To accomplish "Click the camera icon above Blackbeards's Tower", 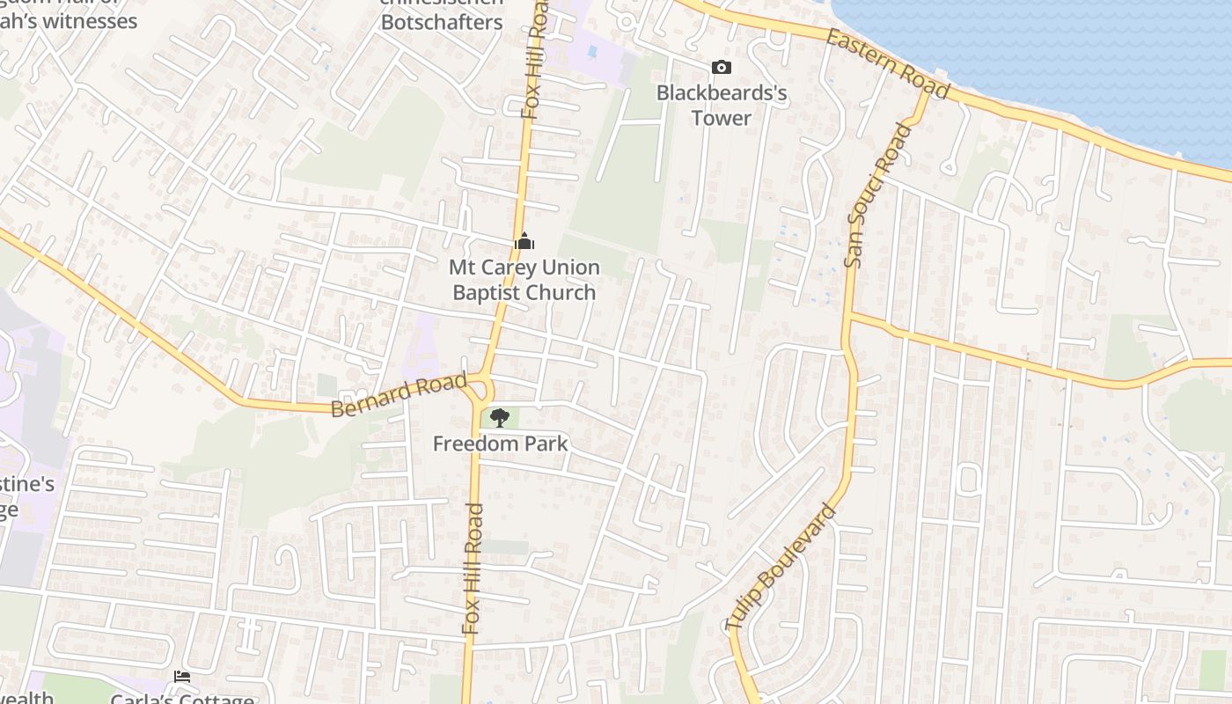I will click(x=721, y=67).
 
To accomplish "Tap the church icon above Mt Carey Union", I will click(x=524, y=240).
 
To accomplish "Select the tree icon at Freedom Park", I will click(x=500, y=417).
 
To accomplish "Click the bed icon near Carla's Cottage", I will click(x=182, y=676).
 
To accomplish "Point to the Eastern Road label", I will click(x=888, y=63).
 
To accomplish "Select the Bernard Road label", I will click(x=399, y=396).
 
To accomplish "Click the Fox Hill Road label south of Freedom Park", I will click(x=473, y=568).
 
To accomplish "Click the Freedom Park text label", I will click(x=500, y=444).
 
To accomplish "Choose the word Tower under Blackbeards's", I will click(x=721, y=118).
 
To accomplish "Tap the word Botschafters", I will click(x=442, y=22).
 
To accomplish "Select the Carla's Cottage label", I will click(x=182, y=699).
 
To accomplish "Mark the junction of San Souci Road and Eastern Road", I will click(x=926, y=92).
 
